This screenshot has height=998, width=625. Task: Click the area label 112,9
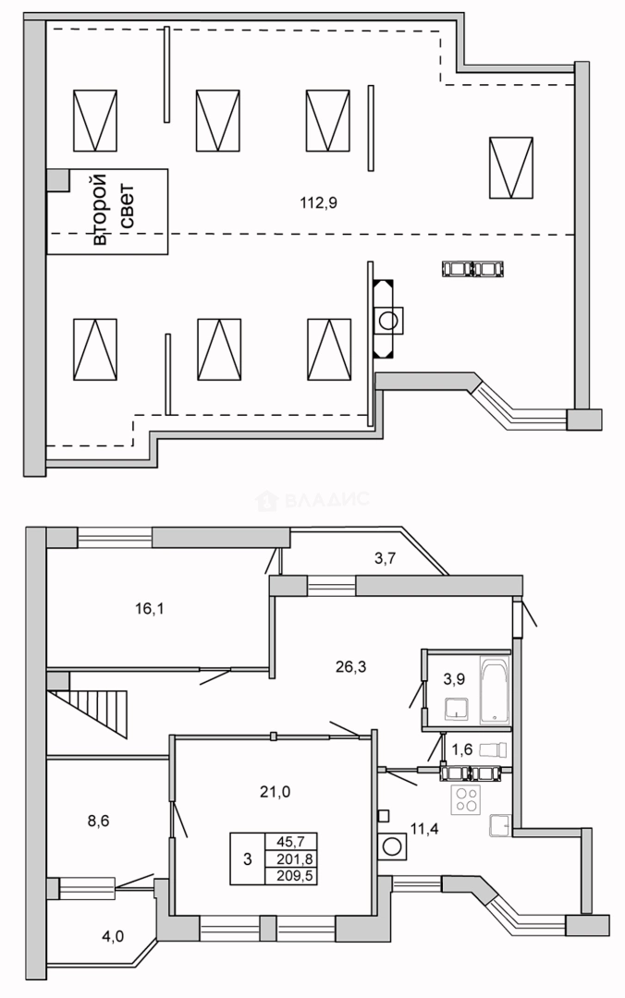pyautogui.click(x=319, y=203)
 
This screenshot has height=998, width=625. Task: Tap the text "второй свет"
pyautogui.click(x=108, y=210)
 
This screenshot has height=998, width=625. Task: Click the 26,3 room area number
pyautogui.click(x=350, y=665)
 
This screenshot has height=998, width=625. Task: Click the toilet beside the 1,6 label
pyautogui.click(x=493, y=749)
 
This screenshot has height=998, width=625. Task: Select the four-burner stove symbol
pyautogui.click(x=465, y=799)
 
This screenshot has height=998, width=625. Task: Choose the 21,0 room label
pyautogui.click(x=276, y=791)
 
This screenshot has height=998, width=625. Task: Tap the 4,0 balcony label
pyautogui.click(x=113, y=936)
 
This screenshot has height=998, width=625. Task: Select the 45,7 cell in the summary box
pyautogui.click(x=290, y=841)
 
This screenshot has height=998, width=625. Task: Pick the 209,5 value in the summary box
pyautogui.click(x=290, y=875)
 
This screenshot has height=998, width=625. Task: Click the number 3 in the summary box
pyautogui.click(x=247, y=858)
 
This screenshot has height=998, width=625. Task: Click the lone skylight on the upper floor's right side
pyautogui.click(x=511, y=166)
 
